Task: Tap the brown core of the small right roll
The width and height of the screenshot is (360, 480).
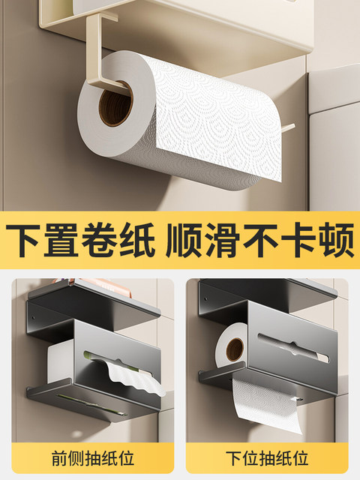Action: click(235, 349)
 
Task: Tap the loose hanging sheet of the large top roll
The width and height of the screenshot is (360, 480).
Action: click(225, 150)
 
